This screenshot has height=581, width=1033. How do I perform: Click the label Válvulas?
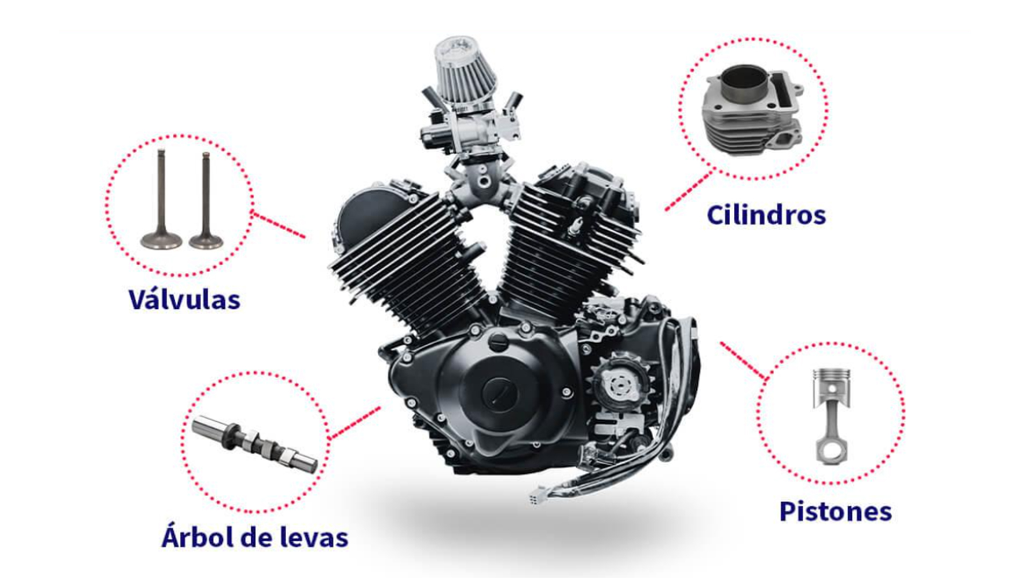click(184, 299)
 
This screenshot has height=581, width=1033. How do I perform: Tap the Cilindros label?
click(766, 215)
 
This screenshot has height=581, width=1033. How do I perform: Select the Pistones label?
click(836, 511)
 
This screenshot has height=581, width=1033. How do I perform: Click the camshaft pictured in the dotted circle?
click(254, 444)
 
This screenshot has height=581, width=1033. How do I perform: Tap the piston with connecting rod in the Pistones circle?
click(832, 416)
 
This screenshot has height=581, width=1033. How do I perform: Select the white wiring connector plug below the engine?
click(535, 495)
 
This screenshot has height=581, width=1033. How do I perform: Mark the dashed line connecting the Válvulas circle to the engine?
click(279, 224)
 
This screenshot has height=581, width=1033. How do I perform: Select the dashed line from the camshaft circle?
click(355, 423)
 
